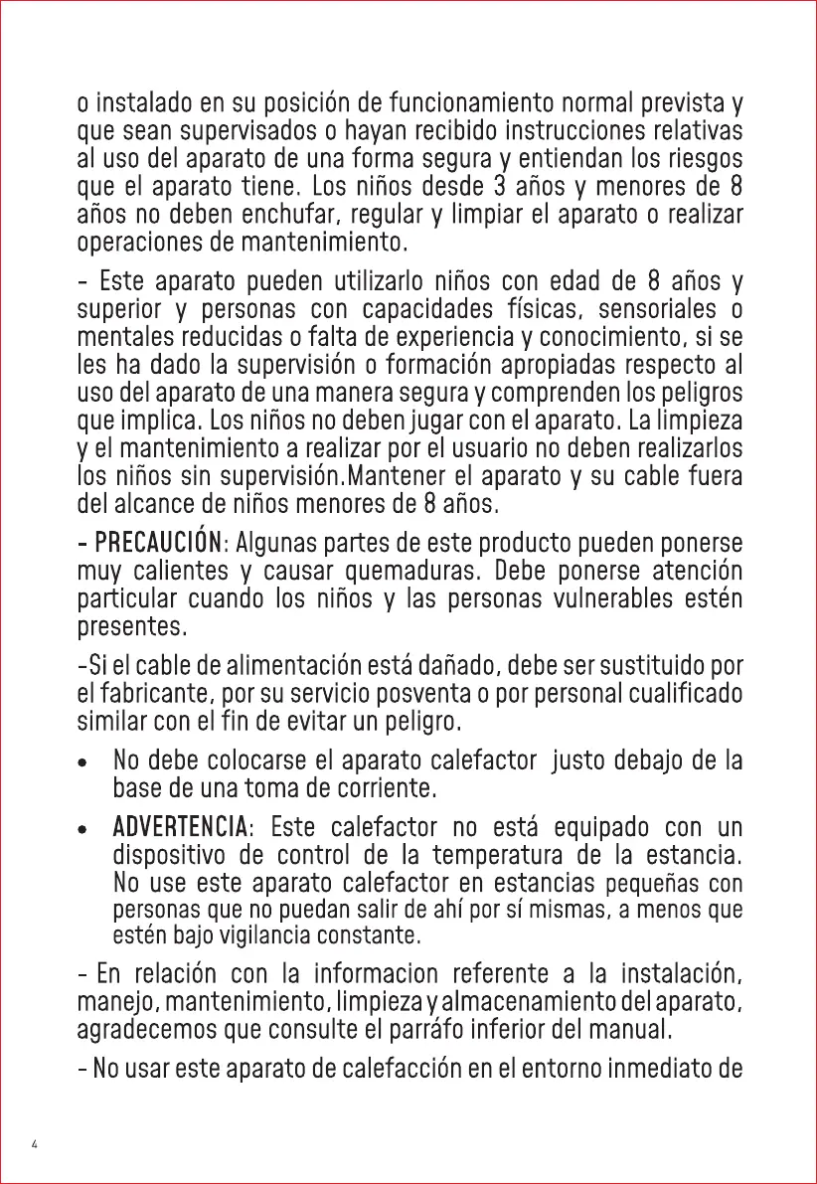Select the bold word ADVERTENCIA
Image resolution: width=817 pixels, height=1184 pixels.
(181, 827)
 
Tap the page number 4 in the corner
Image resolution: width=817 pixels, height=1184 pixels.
(35, 1144)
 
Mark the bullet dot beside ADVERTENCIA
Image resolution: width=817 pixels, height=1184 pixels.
(89, 828)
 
